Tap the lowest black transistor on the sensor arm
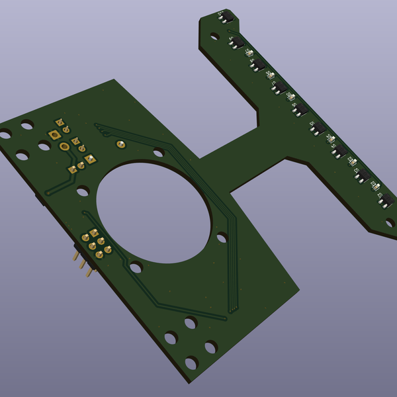386,200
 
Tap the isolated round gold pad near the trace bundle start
120,144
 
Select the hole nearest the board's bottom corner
192,363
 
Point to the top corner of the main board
115,79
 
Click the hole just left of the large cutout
82,192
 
